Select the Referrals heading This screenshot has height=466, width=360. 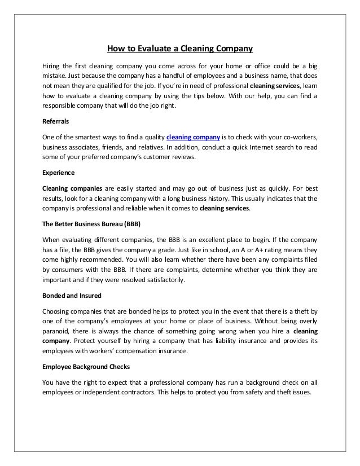pos(56,121)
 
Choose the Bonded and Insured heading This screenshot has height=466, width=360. pos(69,296)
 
